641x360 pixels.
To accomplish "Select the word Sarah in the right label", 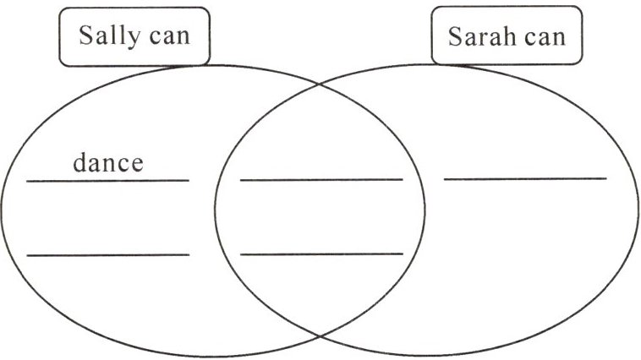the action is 479,37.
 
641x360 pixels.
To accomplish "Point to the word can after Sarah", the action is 541,37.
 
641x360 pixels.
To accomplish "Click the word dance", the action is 107,162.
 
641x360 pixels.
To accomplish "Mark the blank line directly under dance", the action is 107,180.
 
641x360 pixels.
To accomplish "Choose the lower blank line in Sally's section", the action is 107,254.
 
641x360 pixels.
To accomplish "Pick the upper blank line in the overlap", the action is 321,179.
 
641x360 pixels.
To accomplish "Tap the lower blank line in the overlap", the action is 321,254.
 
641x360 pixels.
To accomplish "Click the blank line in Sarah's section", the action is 525,178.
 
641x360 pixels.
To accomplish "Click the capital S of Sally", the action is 85,36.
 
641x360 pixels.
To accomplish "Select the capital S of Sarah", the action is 456,37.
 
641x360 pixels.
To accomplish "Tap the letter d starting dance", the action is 79,161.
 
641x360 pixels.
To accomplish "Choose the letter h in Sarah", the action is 505,36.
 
